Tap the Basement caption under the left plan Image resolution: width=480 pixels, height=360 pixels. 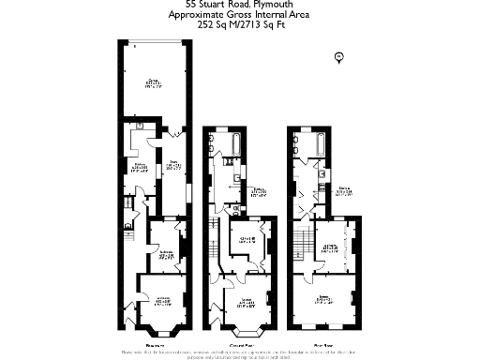157,344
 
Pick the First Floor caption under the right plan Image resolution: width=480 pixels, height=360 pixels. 325,344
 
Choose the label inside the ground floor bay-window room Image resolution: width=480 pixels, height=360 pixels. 246,302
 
